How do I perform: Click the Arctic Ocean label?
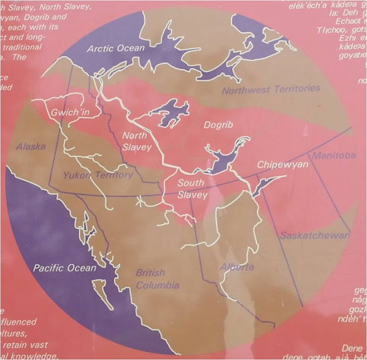(x=116, y=48)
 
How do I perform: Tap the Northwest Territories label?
(x=271, y=89)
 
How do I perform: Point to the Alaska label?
(x=31, y=147)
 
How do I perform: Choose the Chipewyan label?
(x=283, y=165)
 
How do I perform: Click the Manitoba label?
(x=333, y=155)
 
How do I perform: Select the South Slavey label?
(x=190, y=189)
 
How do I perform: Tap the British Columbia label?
(x=157, y=279)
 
